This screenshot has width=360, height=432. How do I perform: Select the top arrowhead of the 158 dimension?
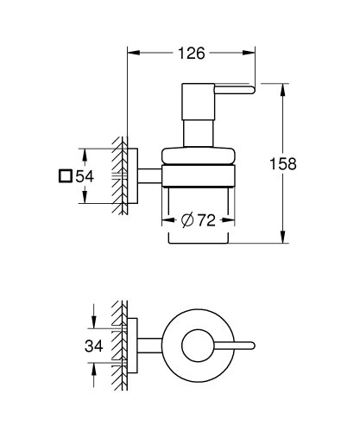(x=285, y=87)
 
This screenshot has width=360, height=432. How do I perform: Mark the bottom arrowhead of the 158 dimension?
(x=285, y=238)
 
